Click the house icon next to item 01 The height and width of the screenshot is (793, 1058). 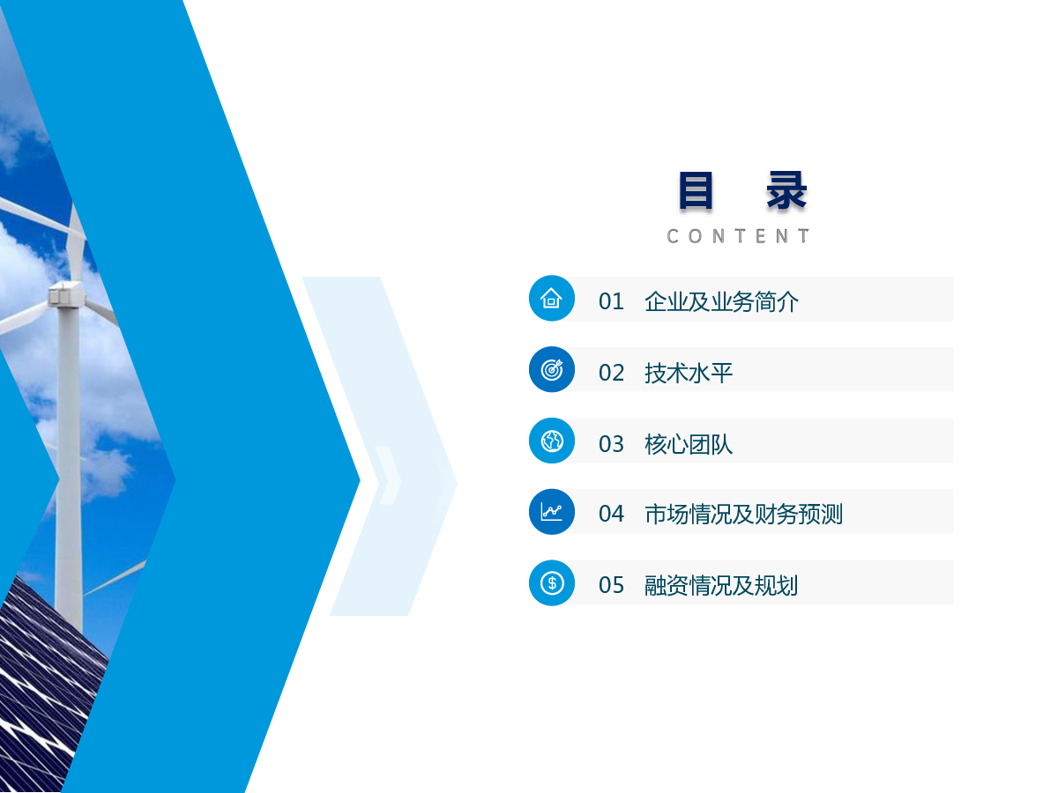551,298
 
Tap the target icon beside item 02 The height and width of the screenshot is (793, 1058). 552,369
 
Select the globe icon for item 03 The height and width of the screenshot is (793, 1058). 552,441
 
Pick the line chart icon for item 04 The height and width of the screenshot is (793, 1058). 551,511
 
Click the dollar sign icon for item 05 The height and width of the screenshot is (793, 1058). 552,582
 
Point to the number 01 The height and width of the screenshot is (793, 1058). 611,302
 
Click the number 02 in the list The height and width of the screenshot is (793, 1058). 611,373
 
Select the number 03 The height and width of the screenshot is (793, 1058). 611,444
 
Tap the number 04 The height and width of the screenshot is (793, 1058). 611,514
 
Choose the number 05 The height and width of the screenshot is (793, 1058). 611,585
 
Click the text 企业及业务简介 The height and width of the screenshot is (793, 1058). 721,302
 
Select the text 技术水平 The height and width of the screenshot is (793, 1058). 689,373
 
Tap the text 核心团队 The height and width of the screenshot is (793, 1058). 689,444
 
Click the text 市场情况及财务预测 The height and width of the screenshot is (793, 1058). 744,514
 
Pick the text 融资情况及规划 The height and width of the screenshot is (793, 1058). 721,585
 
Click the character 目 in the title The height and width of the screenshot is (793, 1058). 695,190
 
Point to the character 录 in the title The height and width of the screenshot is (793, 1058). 786,190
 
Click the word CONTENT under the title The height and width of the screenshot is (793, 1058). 738,236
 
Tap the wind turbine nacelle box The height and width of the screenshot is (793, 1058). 65,293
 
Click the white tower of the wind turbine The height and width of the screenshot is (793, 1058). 68,463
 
